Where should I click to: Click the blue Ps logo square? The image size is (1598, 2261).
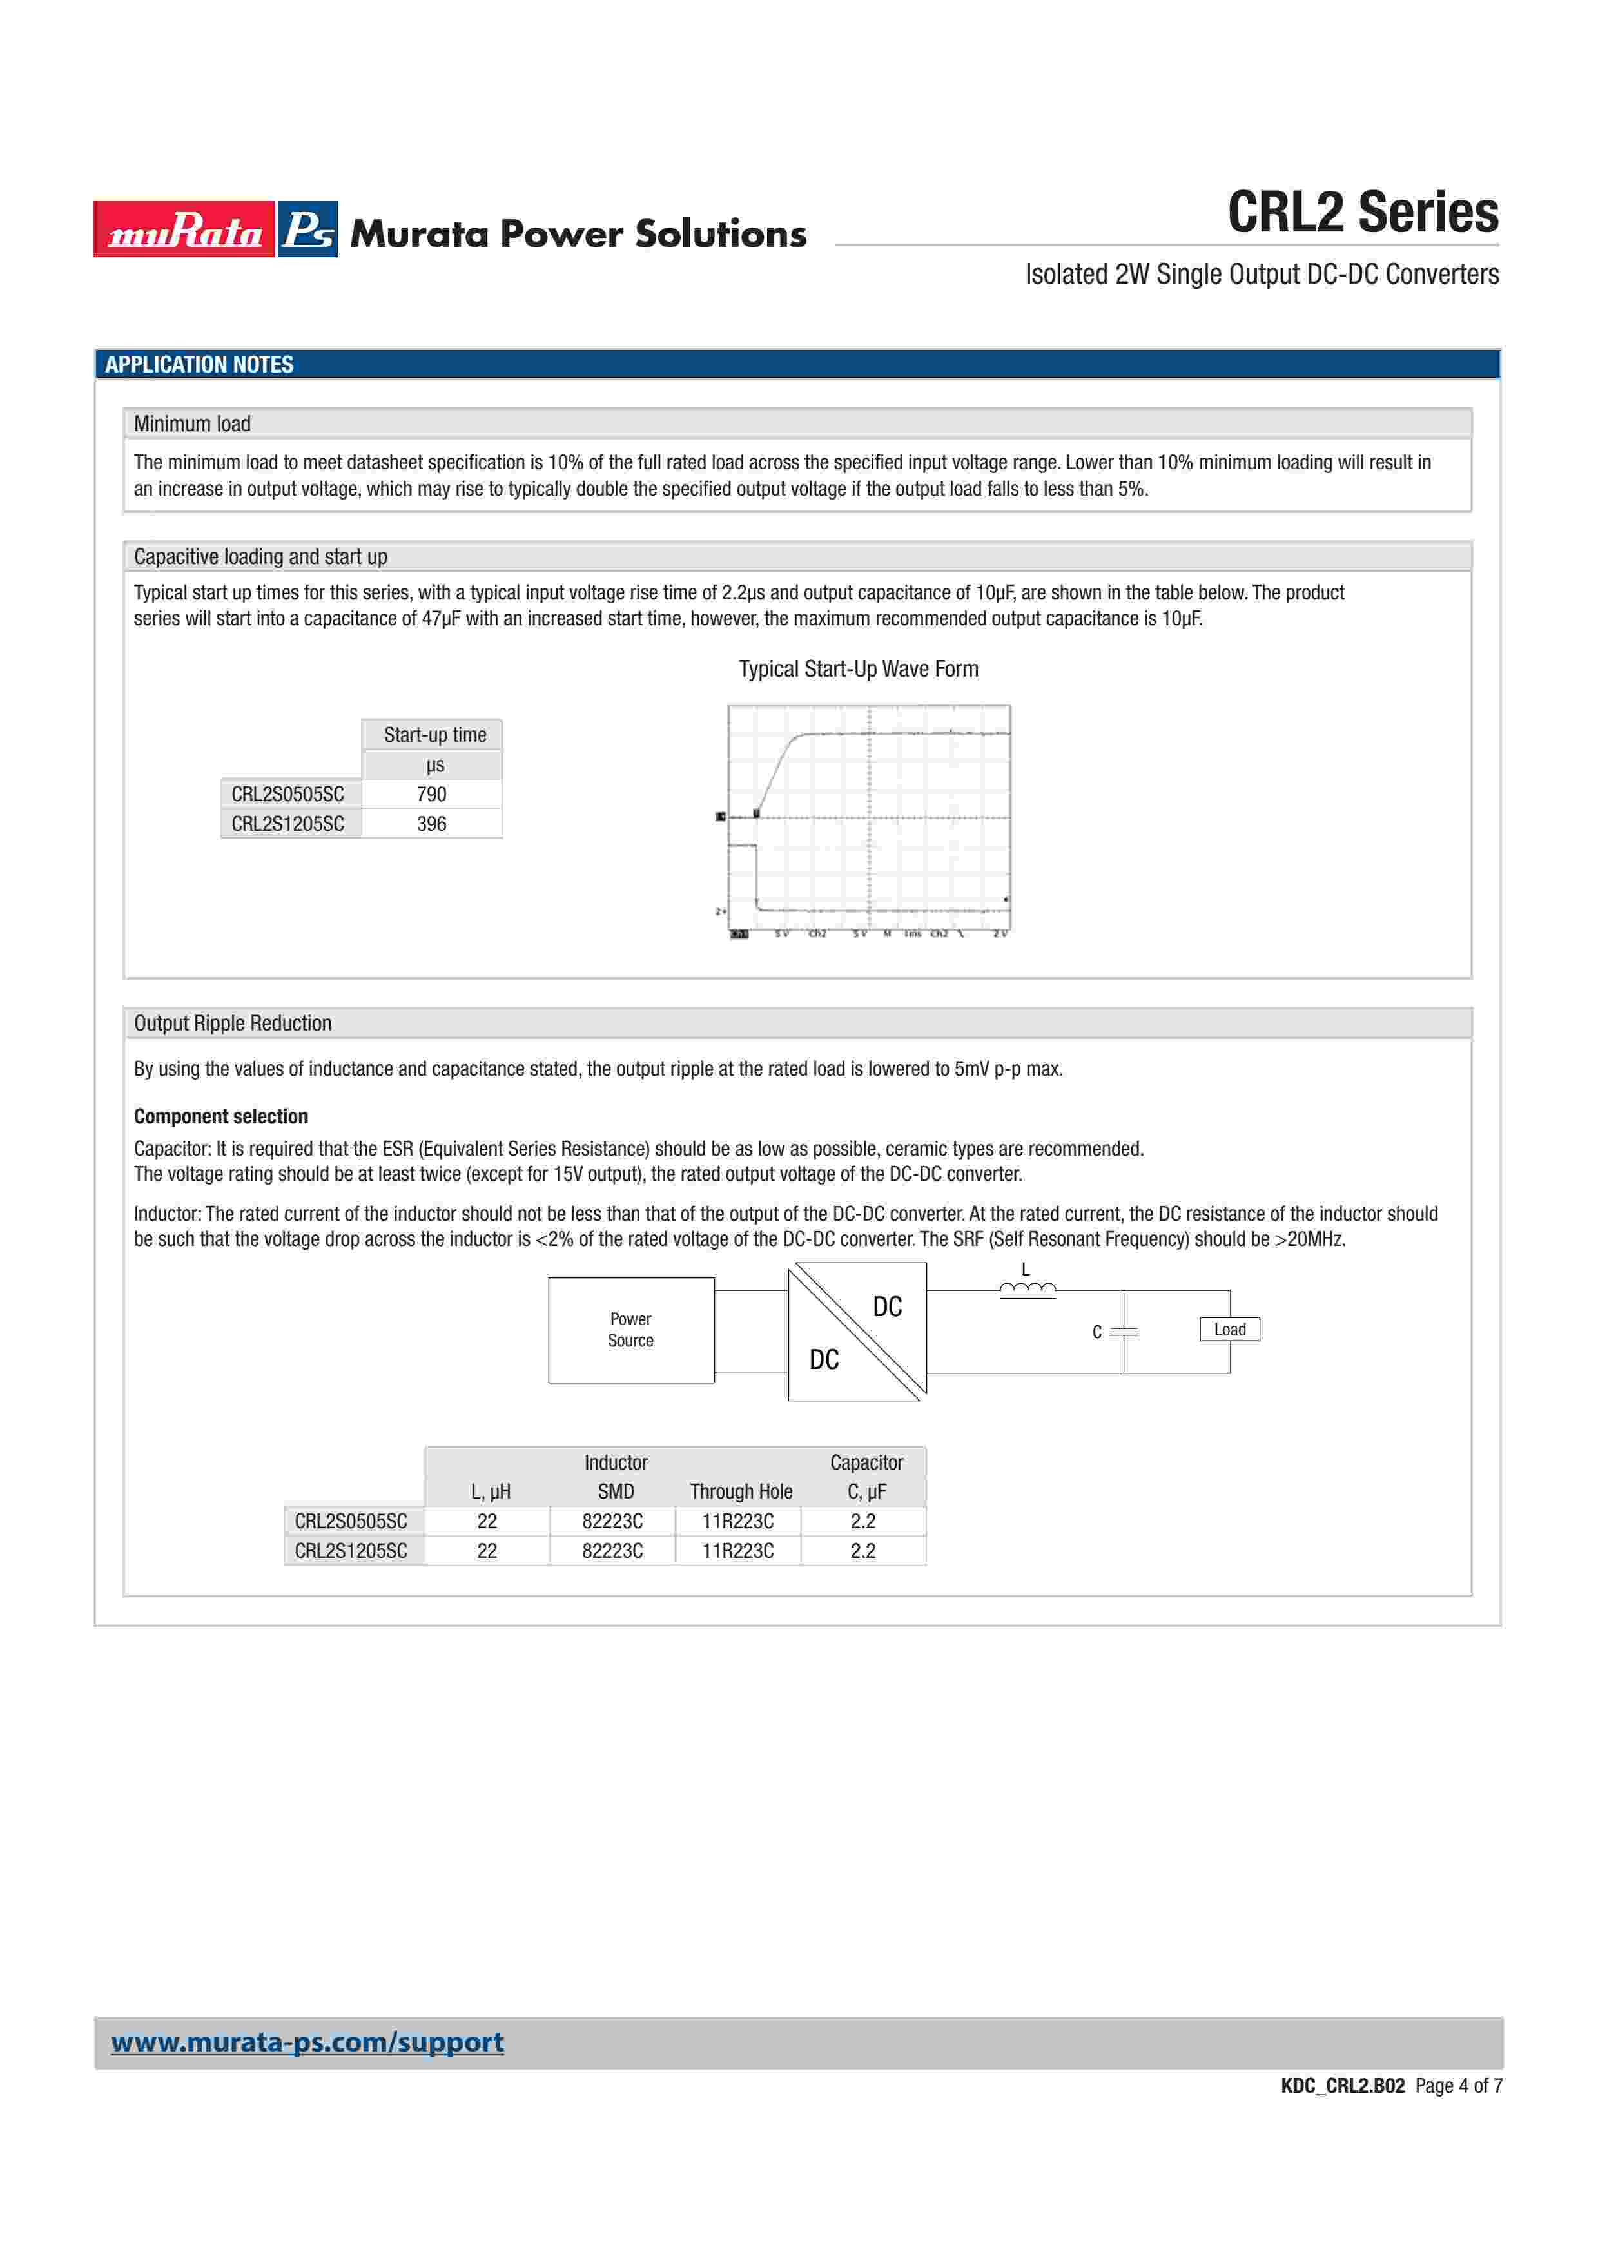click(307, 229)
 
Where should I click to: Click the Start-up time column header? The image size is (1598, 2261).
click(434, 735)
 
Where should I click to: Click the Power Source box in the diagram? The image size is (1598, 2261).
click(631, 1330)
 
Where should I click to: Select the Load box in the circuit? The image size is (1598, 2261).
click(1230, 1330)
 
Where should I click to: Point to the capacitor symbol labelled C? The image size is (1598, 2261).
click(1124, 1332)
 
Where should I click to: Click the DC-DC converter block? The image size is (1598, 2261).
click(857, 1332)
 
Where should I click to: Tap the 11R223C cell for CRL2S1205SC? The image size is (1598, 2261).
click(737, 1550)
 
